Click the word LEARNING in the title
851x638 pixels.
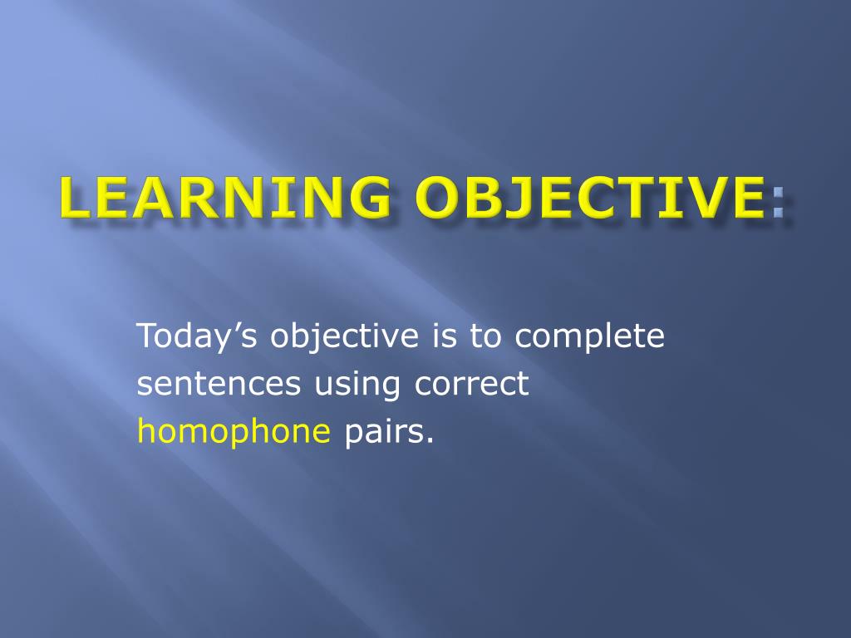(x=225, y=197)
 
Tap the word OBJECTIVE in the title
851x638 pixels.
(x=592, y=197)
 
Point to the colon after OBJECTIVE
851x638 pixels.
(x=778, y=203)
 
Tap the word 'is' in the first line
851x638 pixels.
(x=445, y=336)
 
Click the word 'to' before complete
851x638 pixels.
(x=485, y=336)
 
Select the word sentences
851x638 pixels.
(x=219, y=384)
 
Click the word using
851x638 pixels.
(x=357, y=385)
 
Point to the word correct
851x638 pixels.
(x=472, y=384)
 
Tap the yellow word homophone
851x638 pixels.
(x=234, y=432)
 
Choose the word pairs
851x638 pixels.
(x=385, y=432)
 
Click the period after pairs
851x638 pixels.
(x=430, y=442)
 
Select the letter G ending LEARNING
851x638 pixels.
(x=371, y=198)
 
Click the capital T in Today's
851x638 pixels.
(x=148, y=336)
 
